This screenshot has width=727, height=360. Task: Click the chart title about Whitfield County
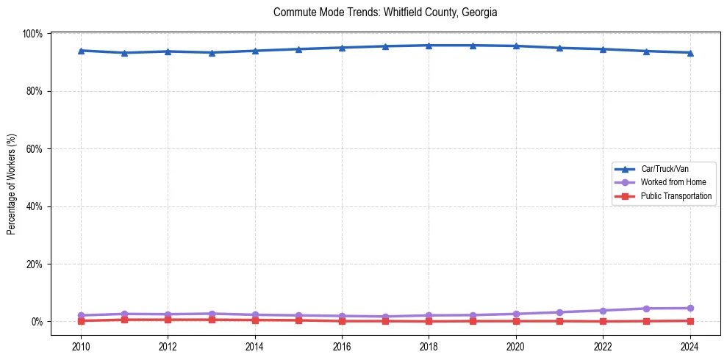(384, 12)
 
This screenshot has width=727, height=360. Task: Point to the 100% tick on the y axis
(33, 34)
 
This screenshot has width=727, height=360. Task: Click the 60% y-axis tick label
(35, 148)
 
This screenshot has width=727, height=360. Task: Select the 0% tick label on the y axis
(37, 321)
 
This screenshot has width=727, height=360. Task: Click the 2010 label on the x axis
(81, 345)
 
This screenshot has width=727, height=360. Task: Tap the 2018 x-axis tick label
(429, 345)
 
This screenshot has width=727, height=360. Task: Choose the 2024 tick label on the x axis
(690, 345)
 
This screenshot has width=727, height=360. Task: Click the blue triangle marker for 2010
(81, 51)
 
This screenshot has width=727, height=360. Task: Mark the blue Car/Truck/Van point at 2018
(429, 46)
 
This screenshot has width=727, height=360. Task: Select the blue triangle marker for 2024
(690, 53)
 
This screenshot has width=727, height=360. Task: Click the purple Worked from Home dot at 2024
(690, 308)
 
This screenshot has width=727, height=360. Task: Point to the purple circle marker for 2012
(168, 314)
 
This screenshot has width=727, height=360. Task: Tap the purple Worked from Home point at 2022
(603, 310)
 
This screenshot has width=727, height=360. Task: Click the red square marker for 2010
(81, 321)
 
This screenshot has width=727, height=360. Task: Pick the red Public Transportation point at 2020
(515, 321)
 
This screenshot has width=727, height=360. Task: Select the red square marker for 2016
(342, 321)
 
